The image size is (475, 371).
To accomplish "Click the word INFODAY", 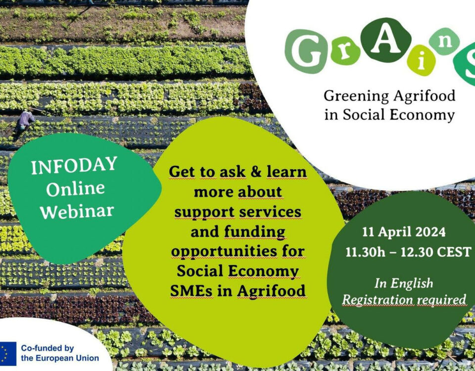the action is (74, 165).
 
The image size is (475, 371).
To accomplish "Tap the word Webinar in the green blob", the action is (77, 211).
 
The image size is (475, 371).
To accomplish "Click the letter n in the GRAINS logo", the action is (444, 42).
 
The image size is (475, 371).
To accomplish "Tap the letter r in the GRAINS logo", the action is (345, 51).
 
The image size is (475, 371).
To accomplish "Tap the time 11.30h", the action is (365, 252).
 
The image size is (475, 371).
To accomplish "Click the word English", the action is (411, 283).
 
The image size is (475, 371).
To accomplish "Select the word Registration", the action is (378, 300).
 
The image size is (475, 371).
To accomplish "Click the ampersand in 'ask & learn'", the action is (256, 172).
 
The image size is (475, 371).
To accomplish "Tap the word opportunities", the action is (224, 252).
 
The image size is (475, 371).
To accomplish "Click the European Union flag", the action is (8, 354).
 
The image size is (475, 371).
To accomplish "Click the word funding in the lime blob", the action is (255, 232).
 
